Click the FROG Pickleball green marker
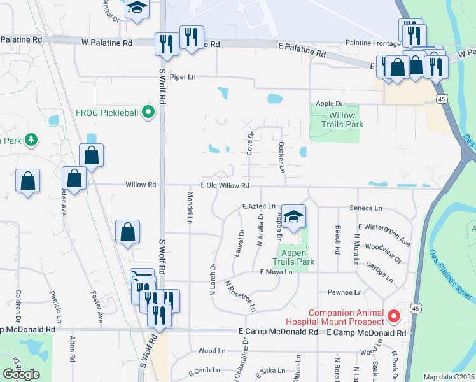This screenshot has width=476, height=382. [149, 113]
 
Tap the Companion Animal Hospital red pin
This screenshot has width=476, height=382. [394, 315]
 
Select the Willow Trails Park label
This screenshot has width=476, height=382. [342, 120]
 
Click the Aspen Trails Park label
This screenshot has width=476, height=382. [294, 257]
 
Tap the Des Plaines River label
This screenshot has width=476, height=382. [451, 274]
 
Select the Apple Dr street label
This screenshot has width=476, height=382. [329, 103]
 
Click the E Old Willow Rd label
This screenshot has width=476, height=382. [224, 185]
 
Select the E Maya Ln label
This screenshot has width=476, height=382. [276, 272]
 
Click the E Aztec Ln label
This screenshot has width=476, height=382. [258, 207]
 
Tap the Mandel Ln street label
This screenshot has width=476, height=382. [190, 208]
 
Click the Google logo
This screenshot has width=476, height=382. [21, 374]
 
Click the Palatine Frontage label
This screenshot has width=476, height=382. [371, 43]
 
